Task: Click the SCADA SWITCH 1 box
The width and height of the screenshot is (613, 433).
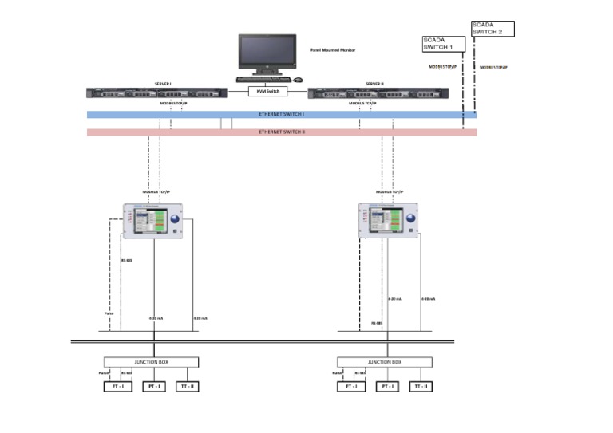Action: (442, 44)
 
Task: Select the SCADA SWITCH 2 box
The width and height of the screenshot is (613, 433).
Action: (492, 29)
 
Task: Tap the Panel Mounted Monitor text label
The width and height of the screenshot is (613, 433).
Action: (332, 49)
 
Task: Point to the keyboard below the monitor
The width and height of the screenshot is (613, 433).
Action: (263, 79)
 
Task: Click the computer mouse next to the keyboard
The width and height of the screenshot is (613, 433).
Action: (298, 80)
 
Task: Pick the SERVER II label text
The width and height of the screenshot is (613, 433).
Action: (375, 83)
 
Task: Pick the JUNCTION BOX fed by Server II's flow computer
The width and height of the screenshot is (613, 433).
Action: (386, 362)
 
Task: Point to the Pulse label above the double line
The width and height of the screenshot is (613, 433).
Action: (109, 313)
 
